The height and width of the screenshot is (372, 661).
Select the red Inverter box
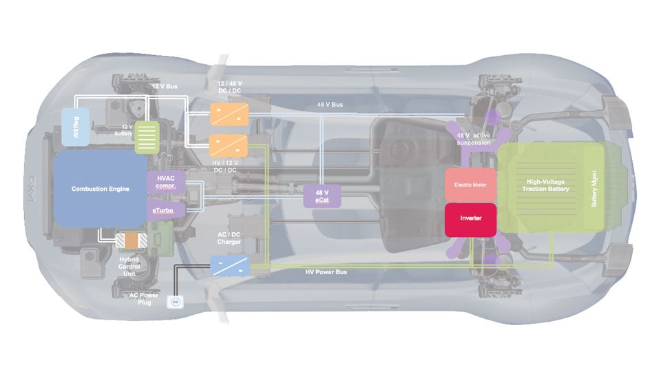coord(470,218)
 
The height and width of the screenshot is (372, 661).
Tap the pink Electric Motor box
coord(470,185)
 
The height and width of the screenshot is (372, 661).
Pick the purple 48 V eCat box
coord(322,195)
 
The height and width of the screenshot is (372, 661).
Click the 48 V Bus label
coord(330,105)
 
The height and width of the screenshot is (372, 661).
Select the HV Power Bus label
coord(326,272)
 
